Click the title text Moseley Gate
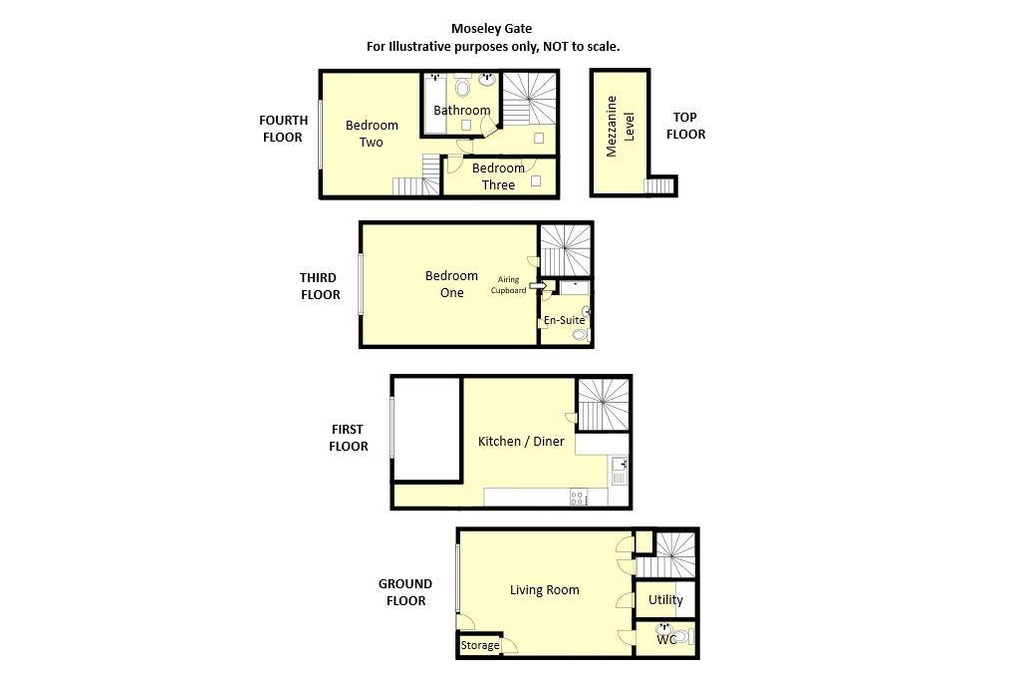click(491, 29)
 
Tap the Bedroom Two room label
click(372, 134)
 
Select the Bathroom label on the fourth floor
click(462, 110)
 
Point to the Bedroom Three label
click(498, 176)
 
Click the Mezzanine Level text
click(620, 127)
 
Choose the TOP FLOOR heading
click(685, 126)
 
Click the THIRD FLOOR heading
click(320, 286)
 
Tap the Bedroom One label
click(451, 284)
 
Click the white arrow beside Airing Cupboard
click(538, 285)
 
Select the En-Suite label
click(564, 320)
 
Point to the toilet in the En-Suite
click(580, 335)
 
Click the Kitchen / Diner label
click(521, 441)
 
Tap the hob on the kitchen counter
click(579, 498)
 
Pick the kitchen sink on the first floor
click(619, 472)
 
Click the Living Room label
click(545, 590)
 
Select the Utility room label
click(665, 600)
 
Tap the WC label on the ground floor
click(666, 640)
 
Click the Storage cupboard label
click(480, 646)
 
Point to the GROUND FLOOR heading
click(405, 592)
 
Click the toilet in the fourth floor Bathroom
click(463, 87)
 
